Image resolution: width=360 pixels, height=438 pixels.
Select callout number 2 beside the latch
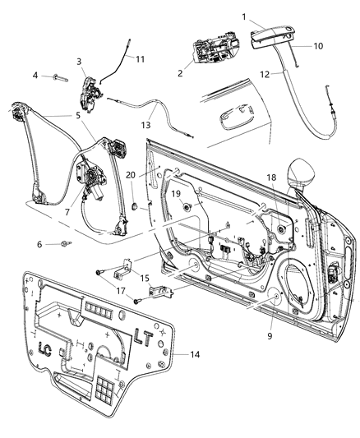(179, 73)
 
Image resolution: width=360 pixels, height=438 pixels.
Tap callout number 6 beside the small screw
(39, 244)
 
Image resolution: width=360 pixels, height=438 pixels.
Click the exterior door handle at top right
(271, 34)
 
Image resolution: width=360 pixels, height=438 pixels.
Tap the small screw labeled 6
(65, 243)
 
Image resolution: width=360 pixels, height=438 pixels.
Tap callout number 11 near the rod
(140, 59)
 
